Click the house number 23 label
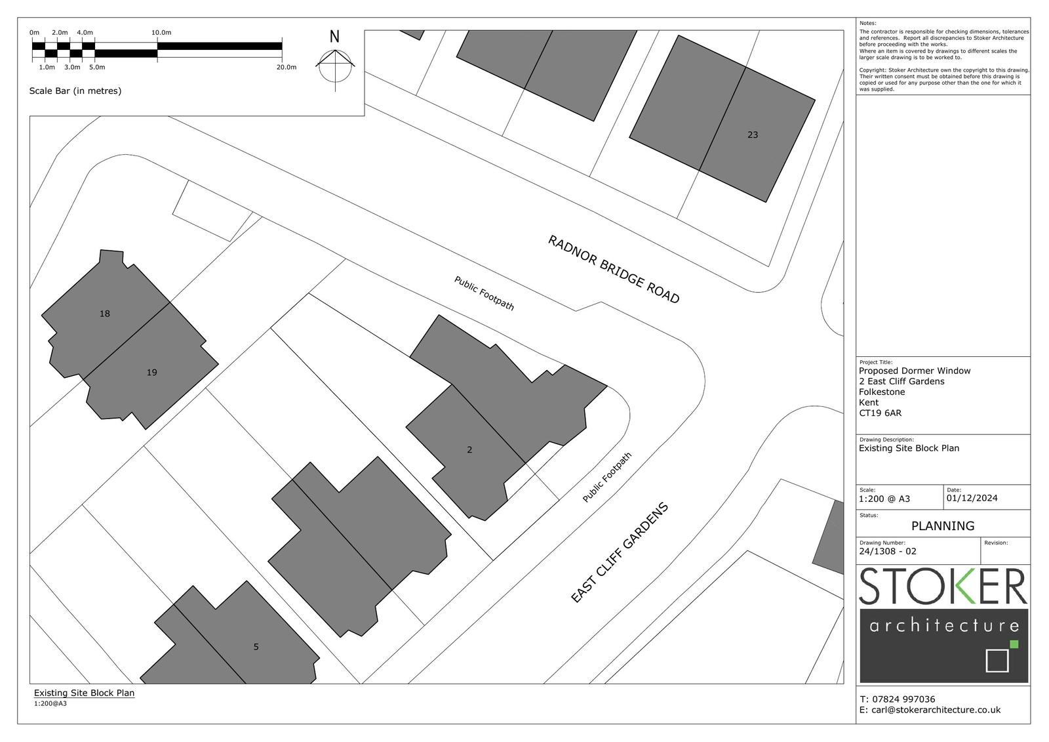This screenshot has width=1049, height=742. pyautogui.click(x=753, y=135)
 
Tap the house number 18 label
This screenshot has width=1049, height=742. pyautogui.click(x=104, y=314)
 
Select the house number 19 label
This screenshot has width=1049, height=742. pyautogui.click(x=151, y=373)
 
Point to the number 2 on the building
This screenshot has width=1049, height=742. pyautogui.click(x=469, y=450)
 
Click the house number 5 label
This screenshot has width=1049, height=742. pyautogui.click(x=256, y=647)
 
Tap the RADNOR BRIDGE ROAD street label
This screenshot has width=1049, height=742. pyautogui.click(x=614, y=270)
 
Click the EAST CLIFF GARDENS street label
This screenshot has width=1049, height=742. pyautogui.click(x=620, y=552)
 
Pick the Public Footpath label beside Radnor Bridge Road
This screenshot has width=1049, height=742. pyautogui.click(x=485, y=293)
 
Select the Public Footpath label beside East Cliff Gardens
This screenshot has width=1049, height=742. pyautogui.click(x=607, y=478)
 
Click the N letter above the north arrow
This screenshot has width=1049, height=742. pyautogui.click(x=334, y=37)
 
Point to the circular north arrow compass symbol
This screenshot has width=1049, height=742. pyautogui.click(x=335, y=66)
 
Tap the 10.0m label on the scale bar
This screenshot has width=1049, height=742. pyautogui.click(x=161, y=33)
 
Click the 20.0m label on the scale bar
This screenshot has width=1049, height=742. pyautogui.click(x=286, y=67)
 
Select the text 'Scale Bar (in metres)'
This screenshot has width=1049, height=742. pyautogui.click(x=75, y=91)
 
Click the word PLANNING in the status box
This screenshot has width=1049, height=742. pyautogui.click(x=943, y=526)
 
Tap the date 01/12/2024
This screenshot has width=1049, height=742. pyautogui.click(x=972, y=498)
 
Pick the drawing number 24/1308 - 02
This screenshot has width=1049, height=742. pyautogui.click(x=888, y=551)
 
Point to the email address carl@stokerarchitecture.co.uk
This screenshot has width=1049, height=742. pyautogui.click(x=936, y=710)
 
